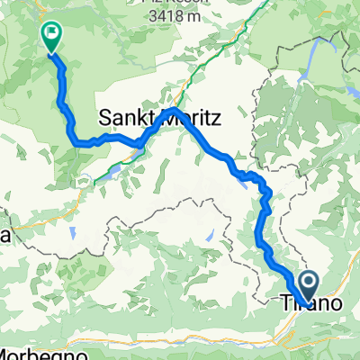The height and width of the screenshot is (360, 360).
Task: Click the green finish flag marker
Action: pos(50,36)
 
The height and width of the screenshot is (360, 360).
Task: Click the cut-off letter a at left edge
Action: pos(4,236)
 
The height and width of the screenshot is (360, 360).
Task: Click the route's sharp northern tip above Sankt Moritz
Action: pos(174,112)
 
